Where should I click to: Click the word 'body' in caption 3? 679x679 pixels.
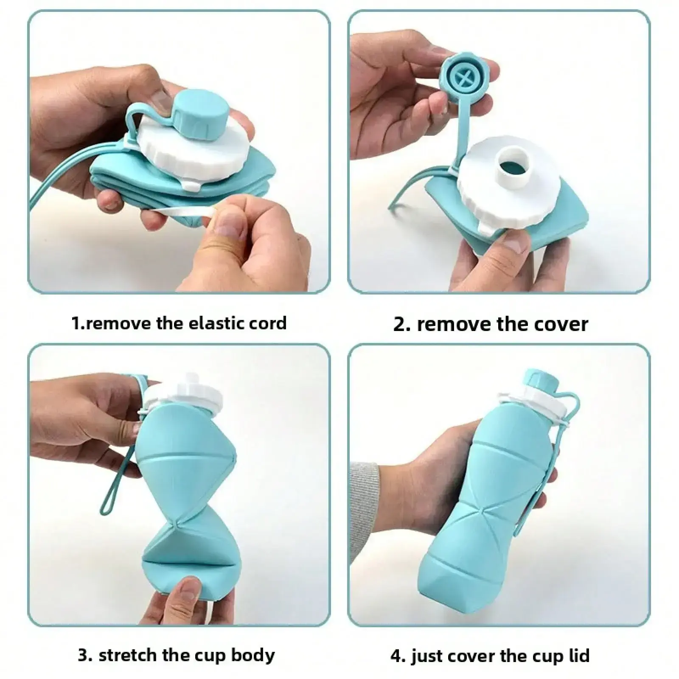point(253,656)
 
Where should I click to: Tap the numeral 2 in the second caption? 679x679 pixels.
point(400,325)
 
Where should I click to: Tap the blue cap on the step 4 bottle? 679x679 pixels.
point(539,380)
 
